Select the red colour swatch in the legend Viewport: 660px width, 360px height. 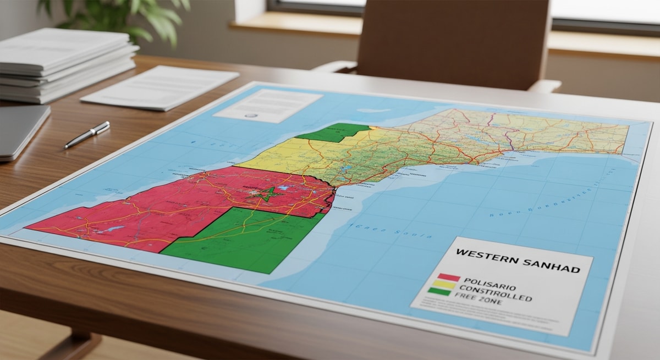coord(448,277)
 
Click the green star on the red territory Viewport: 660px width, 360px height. coord(266,194)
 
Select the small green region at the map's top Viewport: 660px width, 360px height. coord(333,133)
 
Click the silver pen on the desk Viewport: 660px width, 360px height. coord(87,135)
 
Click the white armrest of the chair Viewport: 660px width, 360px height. coord(544,86)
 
